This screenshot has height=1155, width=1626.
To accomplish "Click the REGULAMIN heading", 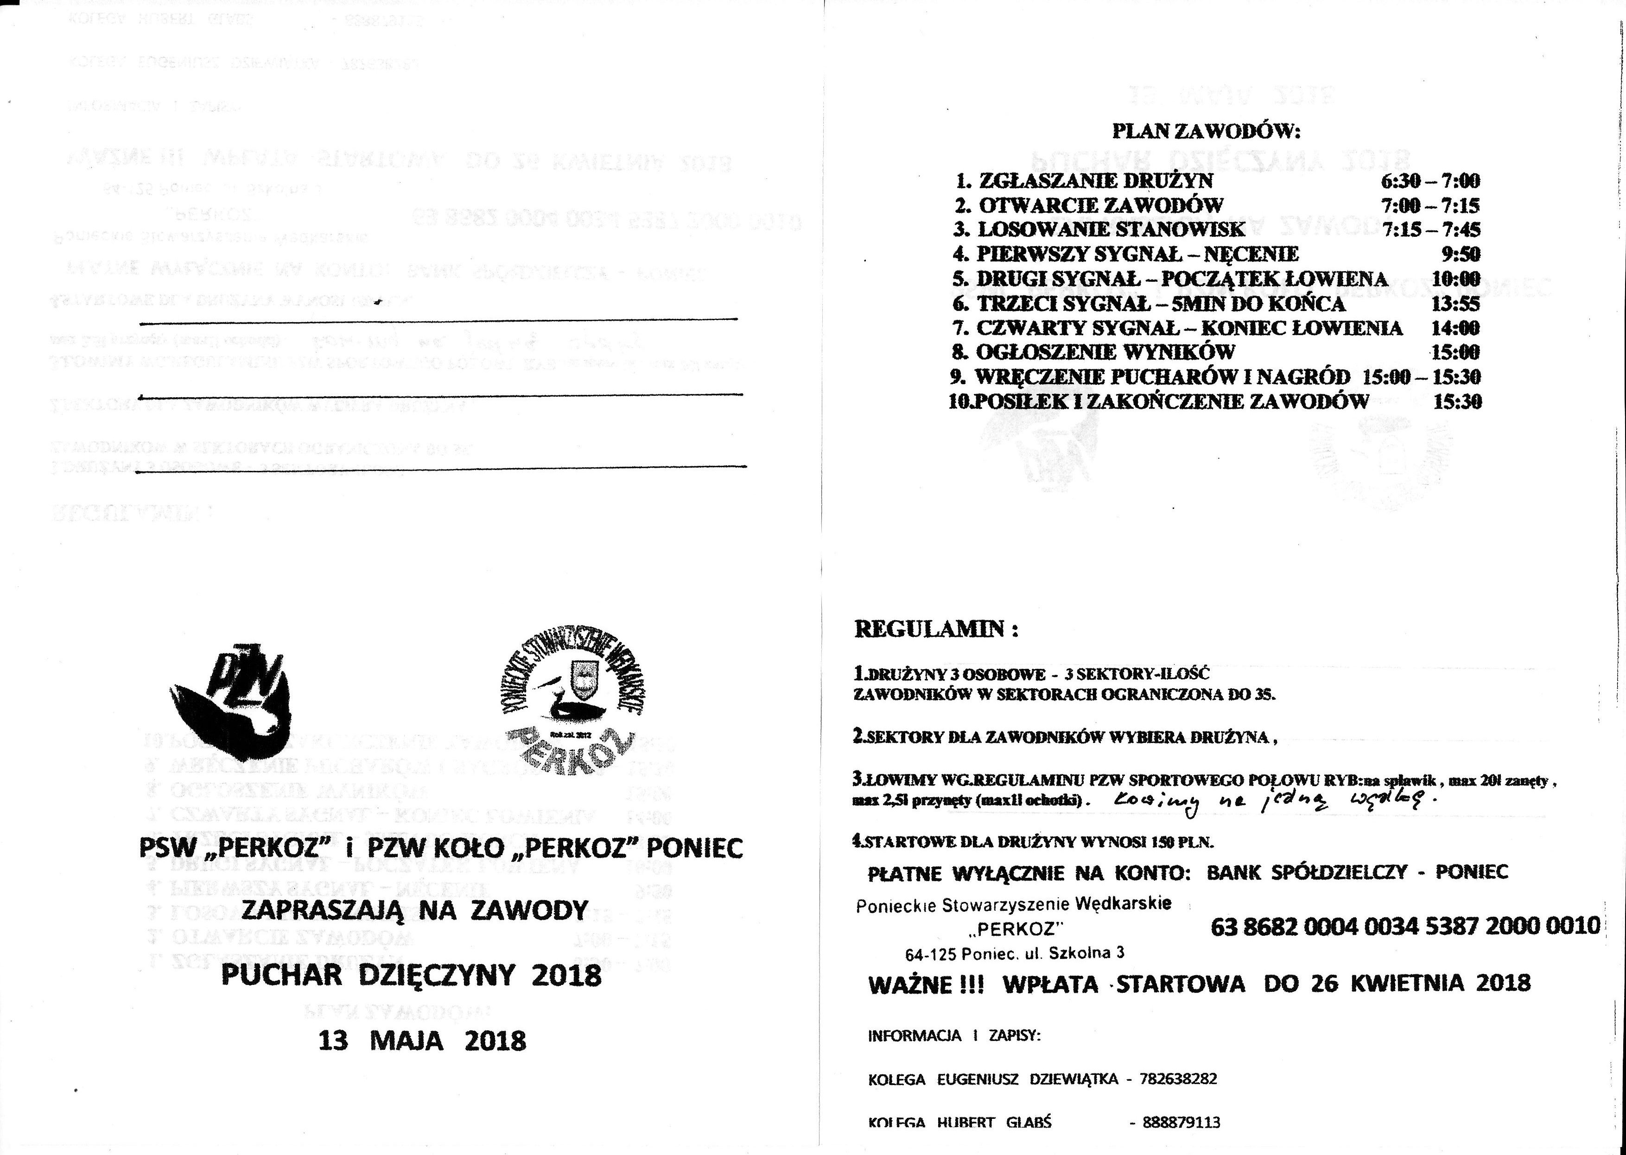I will coord(935,629).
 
